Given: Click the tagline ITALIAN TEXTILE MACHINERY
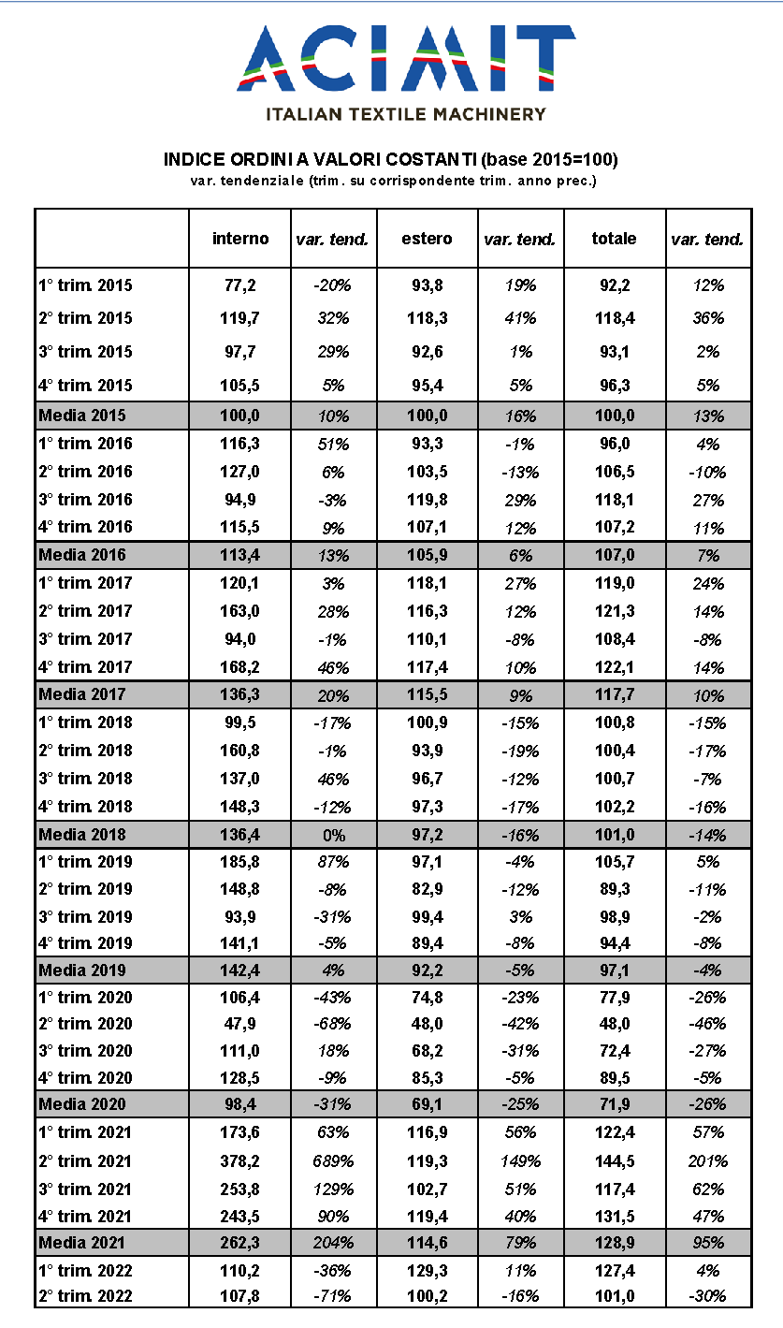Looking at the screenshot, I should [x=406, y=114].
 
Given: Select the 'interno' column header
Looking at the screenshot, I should [x=240, y=239].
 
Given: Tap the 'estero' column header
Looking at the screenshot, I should [x=427, y=239].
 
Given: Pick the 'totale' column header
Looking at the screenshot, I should [x=614, y=239].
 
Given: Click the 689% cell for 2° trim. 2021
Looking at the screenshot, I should [x=332, y=1161].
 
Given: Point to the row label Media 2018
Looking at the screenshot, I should [x=81, y=834].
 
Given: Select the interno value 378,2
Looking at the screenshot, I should [x=240, y=1161].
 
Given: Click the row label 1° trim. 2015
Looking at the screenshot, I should [x=85, y=285].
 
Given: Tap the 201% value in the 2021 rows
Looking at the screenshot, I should [x=708, y=1161].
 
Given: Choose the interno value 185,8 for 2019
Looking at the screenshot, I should [x=240, y=862].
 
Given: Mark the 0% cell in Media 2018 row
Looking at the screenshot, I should [x=332, y=834].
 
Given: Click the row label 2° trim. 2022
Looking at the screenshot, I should [x=85, y=1296].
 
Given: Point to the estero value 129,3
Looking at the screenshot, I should [x=427, y=1270].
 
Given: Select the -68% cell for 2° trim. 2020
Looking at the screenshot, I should [x=332, y=1024].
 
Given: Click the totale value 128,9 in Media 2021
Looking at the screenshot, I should [x=615, y=1243].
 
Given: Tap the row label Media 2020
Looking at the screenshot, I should [x=81, y=1105].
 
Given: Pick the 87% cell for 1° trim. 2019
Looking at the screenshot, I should [x=332, y=862].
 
